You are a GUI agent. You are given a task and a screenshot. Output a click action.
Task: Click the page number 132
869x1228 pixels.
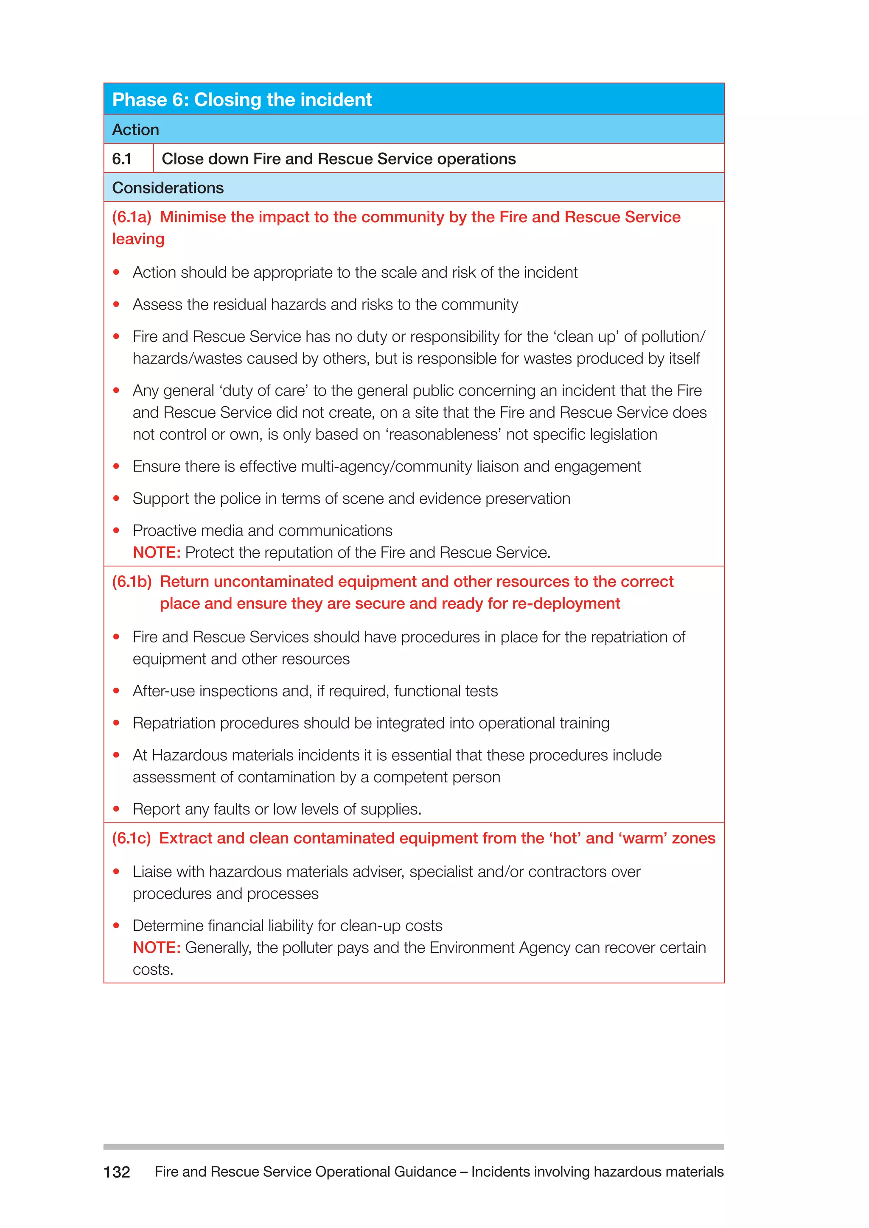[x=117, y=1172]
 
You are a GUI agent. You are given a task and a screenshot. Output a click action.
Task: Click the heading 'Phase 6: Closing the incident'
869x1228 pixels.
[x=242, y=100]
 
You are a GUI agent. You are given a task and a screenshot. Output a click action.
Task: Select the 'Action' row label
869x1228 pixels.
[x=135, y=130]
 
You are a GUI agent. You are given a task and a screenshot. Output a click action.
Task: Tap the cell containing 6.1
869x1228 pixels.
[x=122, y=159]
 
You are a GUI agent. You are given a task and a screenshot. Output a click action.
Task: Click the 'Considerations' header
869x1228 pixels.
[x=168, y=188]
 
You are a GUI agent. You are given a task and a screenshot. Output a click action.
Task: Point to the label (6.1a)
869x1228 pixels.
[x=132, y=217]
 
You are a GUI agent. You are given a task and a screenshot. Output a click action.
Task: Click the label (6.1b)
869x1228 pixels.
[x=132, y=581]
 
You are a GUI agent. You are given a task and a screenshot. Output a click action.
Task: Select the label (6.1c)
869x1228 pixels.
[x=132, y=838]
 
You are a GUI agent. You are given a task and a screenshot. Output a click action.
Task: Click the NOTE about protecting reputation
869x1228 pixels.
[x=156, y=553]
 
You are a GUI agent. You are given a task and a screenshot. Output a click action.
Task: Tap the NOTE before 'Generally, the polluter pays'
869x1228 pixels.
[x=156, y=948]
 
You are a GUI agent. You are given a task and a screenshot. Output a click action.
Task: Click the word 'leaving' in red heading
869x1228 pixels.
[x=138, y=239]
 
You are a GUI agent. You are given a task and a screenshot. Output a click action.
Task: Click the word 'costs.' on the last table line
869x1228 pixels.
[x=153, y=970]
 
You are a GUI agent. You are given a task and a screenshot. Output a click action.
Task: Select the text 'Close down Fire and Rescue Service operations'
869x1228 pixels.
[x=338, y=159]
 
